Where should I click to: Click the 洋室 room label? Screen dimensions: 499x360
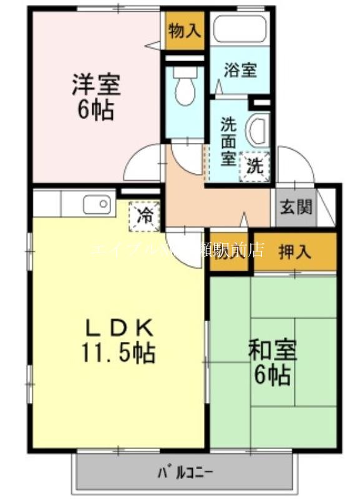click(x=95, y=84)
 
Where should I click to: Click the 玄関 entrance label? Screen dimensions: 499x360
click(x=296, y=206)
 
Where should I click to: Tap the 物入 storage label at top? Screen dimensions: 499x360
click(x=185, y=31)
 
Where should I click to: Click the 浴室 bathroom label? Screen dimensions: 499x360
click(x=241, y=70)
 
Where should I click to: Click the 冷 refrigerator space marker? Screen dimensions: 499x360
click(x=145, y=216)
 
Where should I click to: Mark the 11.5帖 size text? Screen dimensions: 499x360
click(x=118, y=354)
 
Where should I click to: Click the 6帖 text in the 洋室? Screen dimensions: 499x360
click(x=95, y=110)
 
